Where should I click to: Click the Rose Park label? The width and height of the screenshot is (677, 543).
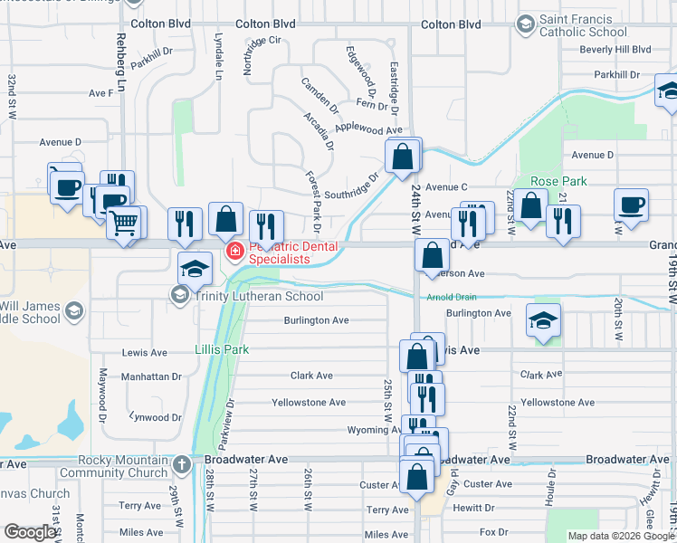point(558,181)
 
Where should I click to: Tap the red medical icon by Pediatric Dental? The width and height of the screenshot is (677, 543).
point(234,251)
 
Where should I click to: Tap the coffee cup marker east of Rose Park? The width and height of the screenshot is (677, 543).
point(631,205)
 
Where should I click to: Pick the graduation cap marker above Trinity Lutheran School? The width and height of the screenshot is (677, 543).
point(195,268)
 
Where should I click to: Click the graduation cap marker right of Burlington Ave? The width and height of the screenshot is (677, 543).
point(543,320)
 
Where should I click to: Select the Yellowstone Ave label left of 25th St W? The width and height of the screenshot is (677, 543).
point(309,402)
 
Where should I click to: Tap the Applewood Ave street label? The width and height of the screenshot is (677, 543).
point(368,129)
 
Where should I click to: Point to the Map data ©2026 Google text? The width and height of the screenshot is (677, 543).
point(621,536)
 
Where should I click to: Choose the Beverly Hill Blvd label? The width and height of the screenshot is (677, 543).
point(616,50)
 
